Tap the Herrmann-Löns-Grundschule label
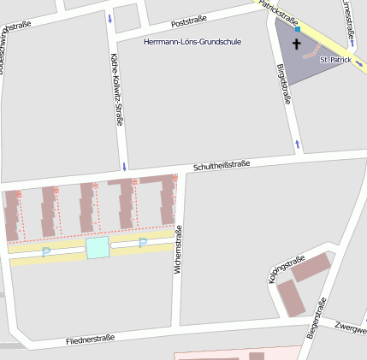point(192,41)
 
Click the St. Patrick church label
point(334,61)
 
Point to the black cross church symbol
point(297,44)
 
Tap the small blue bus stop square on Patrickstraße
point(298,28)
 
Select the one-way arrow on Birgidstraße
point(297,142)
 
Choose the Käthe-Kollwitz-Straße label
point(117,90)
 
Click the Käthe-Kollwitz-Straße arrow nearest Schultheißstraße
point(125,165)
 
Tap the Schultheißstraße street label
point(221,164)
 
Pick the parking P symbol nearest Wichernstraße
point(143,243)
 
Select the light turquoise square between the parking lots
point(98,248)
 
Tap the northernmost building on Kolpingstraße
point(312,267)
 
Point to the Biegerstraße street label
point(316,316)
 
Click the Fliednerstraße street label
point(90,339)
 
